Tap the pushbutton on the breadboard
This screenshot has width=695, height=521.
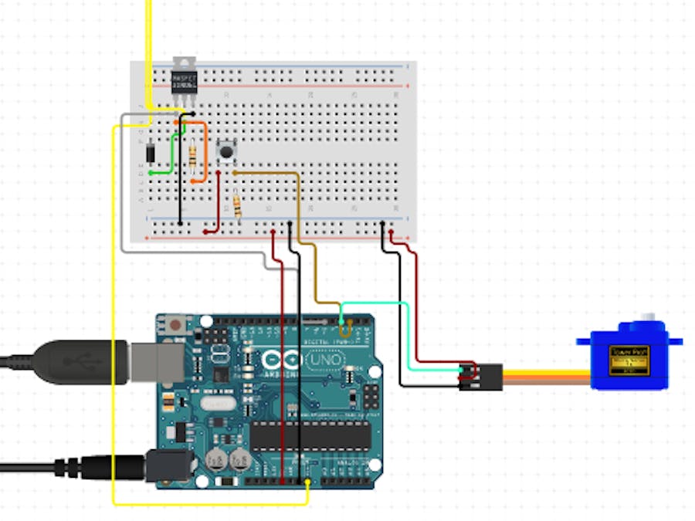pos(226,151)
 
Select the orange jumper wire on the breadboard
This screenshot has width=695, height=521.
pos(203,151)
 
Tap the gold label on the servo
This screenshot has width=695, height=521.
pos(629,360)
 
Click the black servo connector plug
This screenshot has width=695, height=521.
pos(480,376)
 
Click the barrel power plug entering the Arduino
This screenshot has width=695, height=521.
pos(108,467)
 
